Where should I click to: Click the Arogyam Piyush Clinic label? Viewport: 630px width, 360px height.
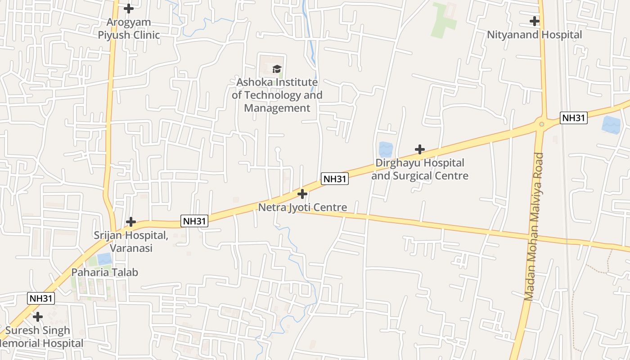click(129, 28)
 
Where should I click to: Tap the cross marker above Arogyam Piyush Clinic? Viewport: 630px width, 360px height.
click(129, 9)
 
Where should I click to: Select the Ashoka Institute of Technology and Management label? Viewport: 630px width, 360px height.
click(277, 95)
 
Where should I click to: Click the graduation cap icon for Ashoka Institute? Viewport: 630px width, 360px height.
click(277, 69)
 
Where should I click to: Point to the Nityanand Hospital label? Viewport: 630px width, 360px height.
click(535, 35)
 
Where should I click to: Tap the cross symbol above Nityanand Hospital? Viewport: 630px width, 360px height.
click(535, 21)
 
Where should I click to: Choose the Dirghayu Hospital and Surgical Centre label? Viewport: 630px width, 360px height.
click(420, 169)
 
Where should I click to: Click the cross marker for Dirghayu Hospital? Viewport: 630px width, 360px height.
click(420, 149)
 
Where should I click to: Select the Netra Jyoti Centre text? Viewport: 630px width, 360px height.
click(302, 207)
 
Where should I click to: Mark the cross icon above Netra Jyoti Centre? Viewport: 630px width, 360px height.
click(302, 194)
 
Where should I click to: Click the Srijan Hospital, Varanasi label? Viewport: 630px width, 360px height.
click(130, 242)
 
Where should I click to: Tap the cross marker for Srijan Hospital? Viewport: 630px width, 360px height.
click(131, 222)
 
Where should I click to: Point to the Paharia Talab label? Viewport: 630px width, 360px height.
click(105, 272)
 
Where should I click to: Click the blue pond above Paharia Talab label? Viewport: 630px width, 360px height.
click(105, 259)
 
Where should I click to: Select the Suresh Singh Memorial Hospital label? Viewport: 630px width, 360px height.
click(40, 337)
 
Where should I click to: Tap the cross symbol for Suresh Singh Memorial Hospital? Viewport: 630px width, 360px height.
click(38, 317)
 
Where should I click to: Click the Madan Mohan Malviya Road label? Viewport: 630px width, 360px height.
click(534, 227)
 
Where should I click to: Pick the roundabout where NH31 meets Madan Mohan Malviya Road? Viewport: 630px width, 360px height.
click(542, 124)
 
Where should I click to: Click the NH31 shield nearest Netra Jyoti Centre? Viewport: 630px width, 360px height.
click(335, 179)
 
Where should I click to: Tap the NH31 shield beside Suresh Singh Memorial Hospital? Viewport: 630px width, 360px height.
click(41, 298)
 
